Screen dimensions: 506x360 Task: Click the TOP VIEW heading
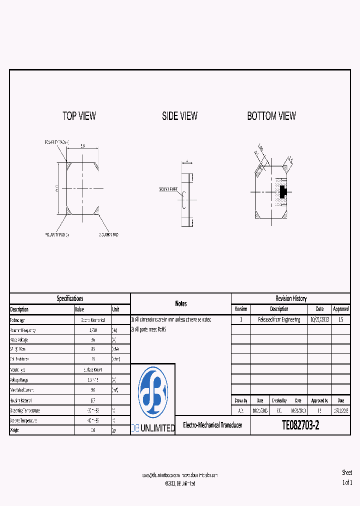(79, 116)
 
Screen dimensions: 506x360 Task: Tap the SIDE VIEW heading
(179, 116)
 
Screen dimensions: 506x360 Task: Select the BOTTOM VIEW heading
(271, 116)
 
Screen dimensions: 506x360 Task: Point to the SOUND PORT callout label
(168, 189)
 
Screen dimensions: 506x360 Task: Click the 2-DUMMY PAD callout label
(108, 234)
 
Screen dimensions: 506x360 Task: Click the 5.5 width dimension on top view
(82, 146)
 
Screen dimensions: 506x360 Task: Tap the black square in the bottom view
(282, 191)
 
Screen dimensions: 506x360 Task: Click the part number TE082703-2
(300, 425)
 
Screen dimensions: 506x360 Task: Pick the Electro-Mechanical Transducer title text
(212, 425)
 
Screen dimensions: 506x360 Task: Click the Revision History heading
(290, 298)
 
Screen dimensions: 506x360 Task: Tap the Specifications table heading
(70, 298)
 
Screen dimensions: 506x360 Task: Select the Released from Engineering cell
(279, 319)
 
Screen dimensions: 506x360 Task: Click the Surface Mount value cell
(92, 370)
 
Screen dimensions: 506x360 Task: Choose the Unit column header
(115, 309)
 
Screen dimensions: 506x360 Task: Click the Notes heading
(180, 303)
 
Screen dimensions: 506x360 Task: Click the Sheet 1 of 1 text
(347, 477)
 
